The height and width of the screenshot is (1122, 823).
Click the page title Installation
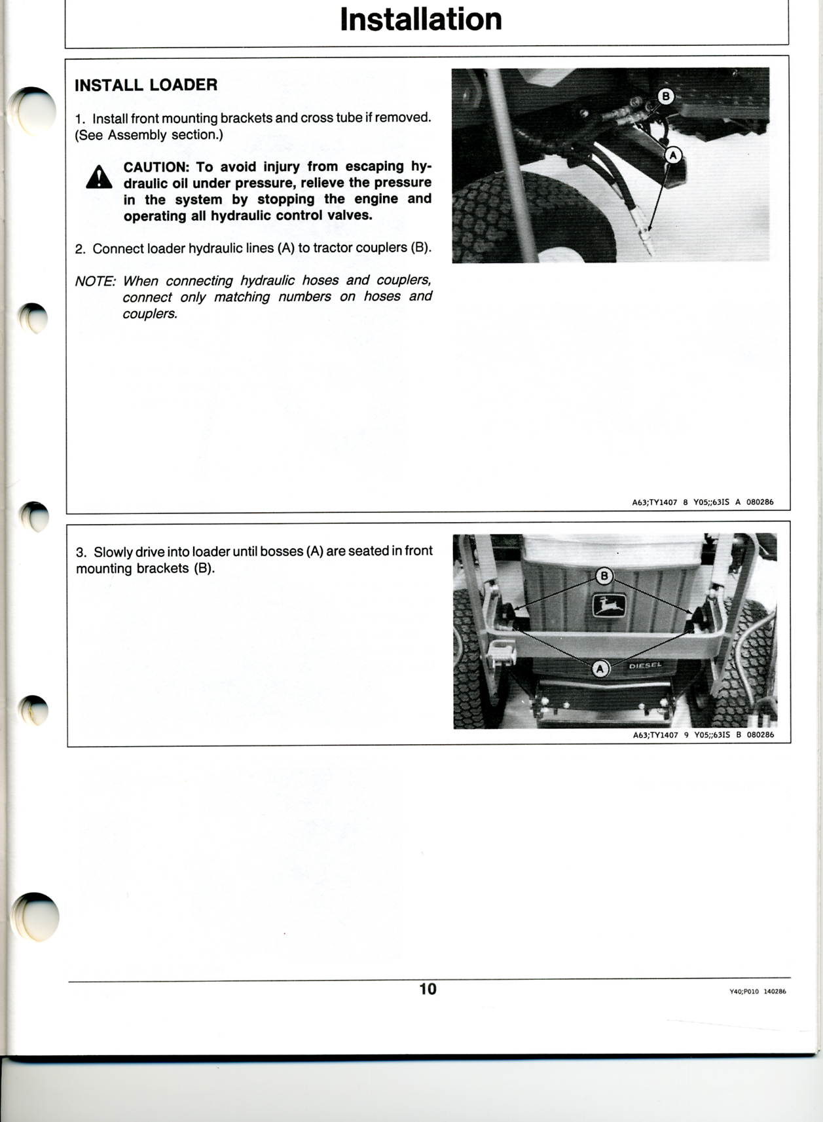click(x=421, y=20)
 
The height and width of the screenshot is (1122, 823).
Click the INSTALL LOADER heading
click(x=146, y=84)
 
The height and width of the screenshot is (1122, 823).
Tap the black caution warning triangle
click(x=99, y=177)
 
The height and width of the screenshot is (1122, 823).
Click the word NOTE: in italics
click(x=95, y=281)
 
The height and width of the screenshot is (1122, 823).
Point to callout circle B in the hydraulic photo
click(x=665, y=96)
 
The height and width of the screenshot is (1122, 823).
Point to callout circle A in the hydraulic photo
click(x=673, y=155)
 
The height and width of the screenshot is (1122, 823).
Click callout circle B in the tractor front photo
click(x=604, y=576)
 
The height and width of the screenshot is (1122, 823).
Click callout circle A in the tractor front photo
click(x=600, y=668)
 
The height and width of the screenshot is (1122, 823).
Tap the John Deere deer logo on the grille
click(x=610, y=606)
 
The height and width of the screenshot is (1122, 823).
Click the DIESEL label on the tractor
click(x=646, y=665)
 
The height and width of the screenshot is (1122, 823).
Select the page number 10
click(x=428, y=989)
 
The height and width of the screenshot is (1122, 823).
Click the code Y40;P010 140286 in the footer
click(x=758, y=991)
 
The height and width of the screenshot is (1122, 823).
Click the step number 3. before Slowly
click(x=82, y=552)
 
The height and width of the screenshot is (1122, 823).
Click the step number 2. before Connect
click(x=81, y=249)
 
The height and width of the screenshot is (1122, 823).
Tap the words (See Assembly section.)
click(x=149, y=135)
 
